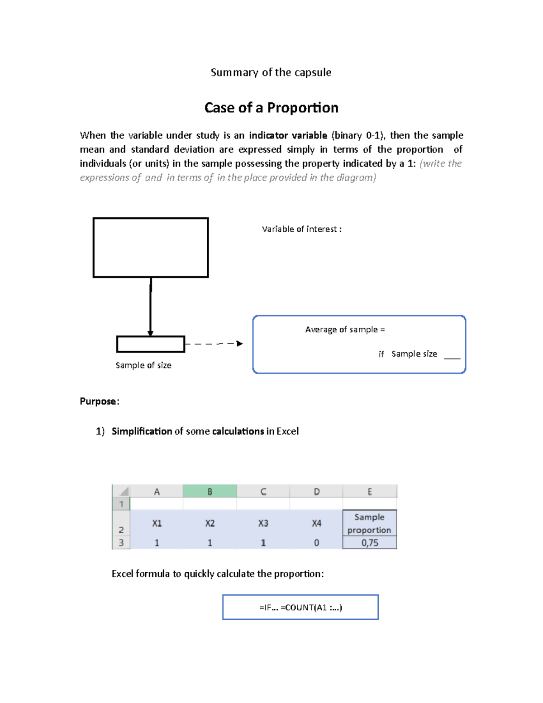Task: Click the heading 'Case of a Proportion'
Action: [x=271, y=108]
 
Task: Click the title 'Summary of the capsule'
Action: [x=271, y=72]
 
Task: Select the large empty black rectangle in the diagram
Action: [x=150, y=247]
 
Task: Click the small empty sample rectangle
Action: [x=150, y=344]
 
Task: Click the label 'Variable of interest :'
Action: [x=301, y=229]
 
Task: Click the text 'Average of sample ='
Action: [x=345, y=330]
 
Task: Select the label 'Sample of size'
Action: [x=143, y=365]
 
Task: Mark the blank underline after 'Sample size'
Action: [x=452, y=357]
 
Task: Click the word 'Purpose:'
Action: [x=100, y=402]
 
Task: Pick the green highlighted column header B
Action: [x=210, y=492]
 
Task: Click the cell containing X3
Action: [x=263, y=523]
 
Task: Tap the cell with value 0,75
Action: [x=369, y=543]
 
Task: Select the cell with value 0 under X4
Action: [x=316, y=543]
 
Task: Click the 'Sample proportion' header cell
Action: [x=369, y=523]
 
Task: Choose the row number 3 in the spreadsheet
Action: [x=121, y=543]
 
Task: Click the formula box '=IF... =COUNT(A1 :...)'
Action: [x=300, y=607]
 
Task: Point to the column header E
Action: [x=369, y=492]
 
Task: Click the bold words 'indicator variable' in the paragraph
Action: [x=288, y=135]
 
